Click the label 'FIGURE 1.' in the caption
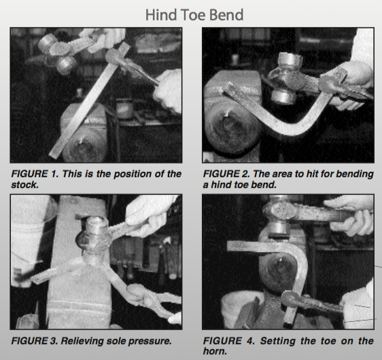[35, 174]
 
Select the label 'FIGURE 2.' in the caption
[226, 174]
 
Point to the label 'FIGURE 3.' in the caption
[35, 341]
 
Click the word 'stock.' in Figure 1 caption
[25, 185]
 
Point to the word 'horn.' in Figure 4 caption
[215, 351]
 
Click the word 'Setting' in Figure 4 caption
[278, 341]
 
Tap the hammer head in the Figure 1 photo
[58, 52]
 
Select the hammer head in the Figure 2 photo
[287, 79]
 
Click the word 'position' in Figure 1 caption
[129, 175]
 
